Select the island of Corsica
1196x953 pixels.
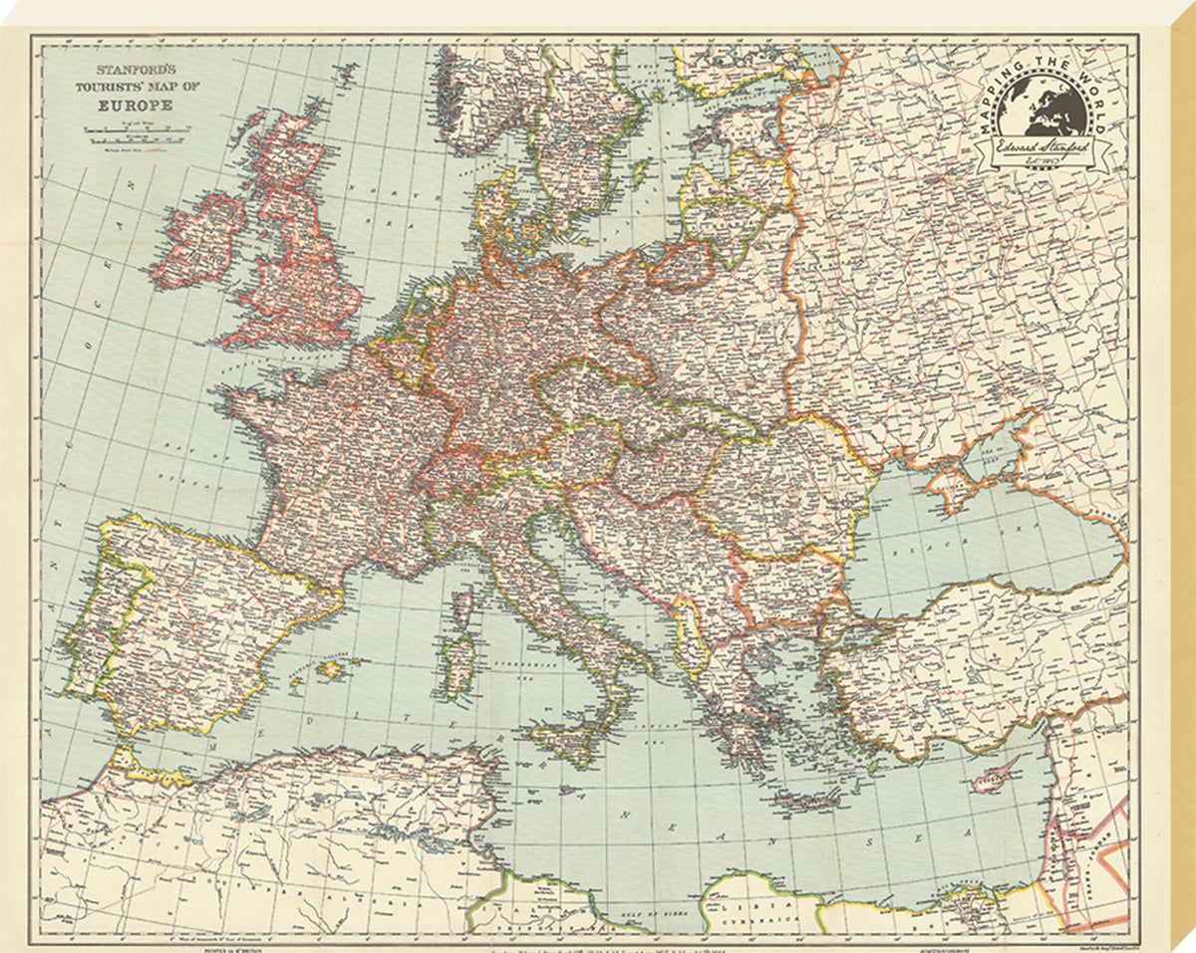coord(461,603)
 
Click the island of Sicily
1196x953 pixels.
coord(571,739)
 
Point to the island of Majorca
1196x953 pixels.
coord(330,670)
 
